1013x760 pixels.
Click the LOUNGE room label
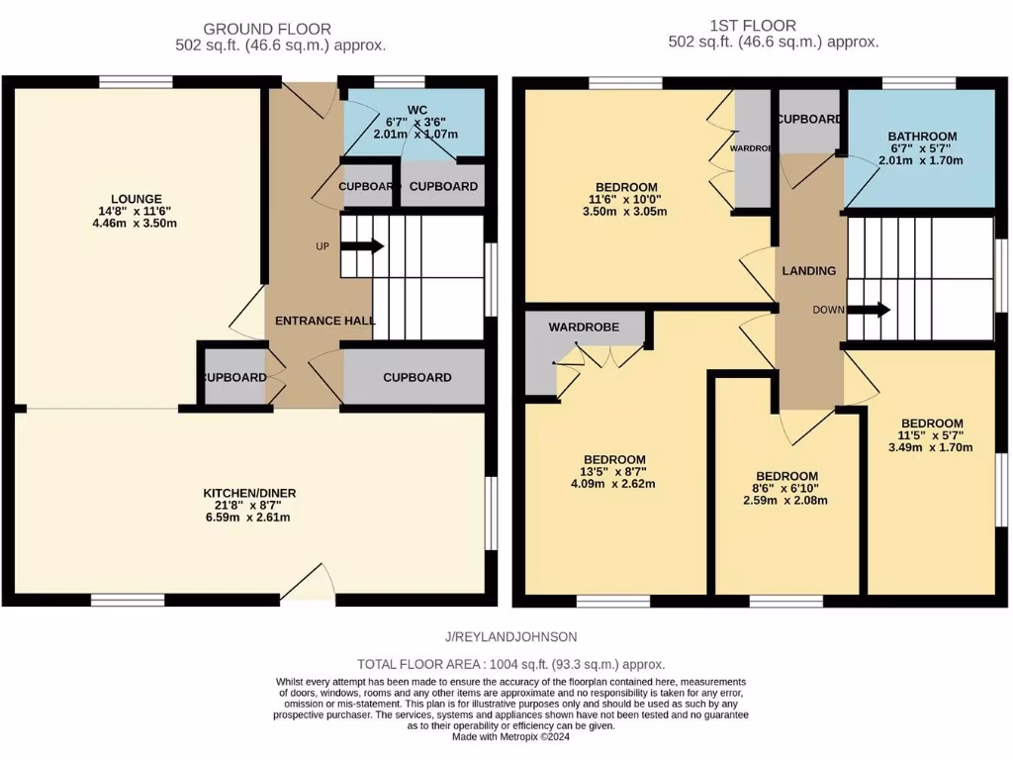[137, 198]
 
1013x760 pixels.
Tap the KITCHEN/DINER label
[249, 493]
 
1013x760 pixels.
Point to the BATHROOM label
[921, 137]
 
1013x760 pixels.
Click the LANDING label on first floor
[808, 270]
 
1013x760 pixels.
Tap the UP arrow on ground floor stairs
[361, 246]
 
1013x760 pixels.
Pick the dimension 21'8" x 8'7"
[249, 506]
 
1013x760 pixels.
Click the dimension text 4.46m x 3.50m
[137, 223]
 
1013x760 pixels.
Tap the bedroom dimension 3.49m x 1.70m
[930, 447]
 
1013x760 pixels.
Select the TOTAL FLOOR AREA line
[510, 665]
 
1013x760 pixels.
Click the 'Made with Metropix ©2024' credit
[510, 737]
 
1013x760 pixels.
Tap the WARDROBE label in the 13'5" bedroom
[584, 327]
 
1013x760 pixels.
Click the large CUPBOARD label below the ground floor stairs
[416, 377]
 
